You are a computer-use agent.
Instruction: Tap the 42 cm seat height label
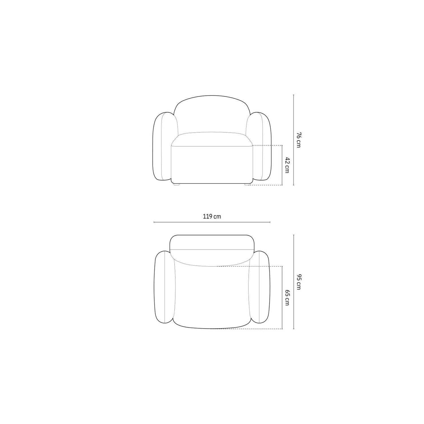pos(287,165)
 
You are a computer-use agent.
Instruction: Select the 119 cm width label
pos(212,217)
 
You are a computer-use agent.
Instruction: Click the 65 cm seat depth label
pos(287,298)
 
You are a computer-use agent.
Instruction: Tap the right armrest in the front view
pos(259,146)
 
